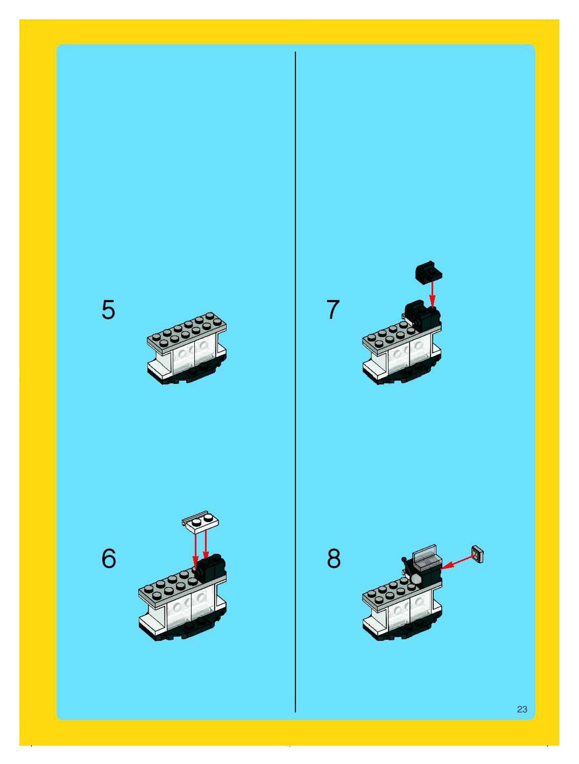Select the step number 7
point(333,309)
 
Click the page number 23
point(522,709)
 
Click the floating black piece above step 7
point(429,273)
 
